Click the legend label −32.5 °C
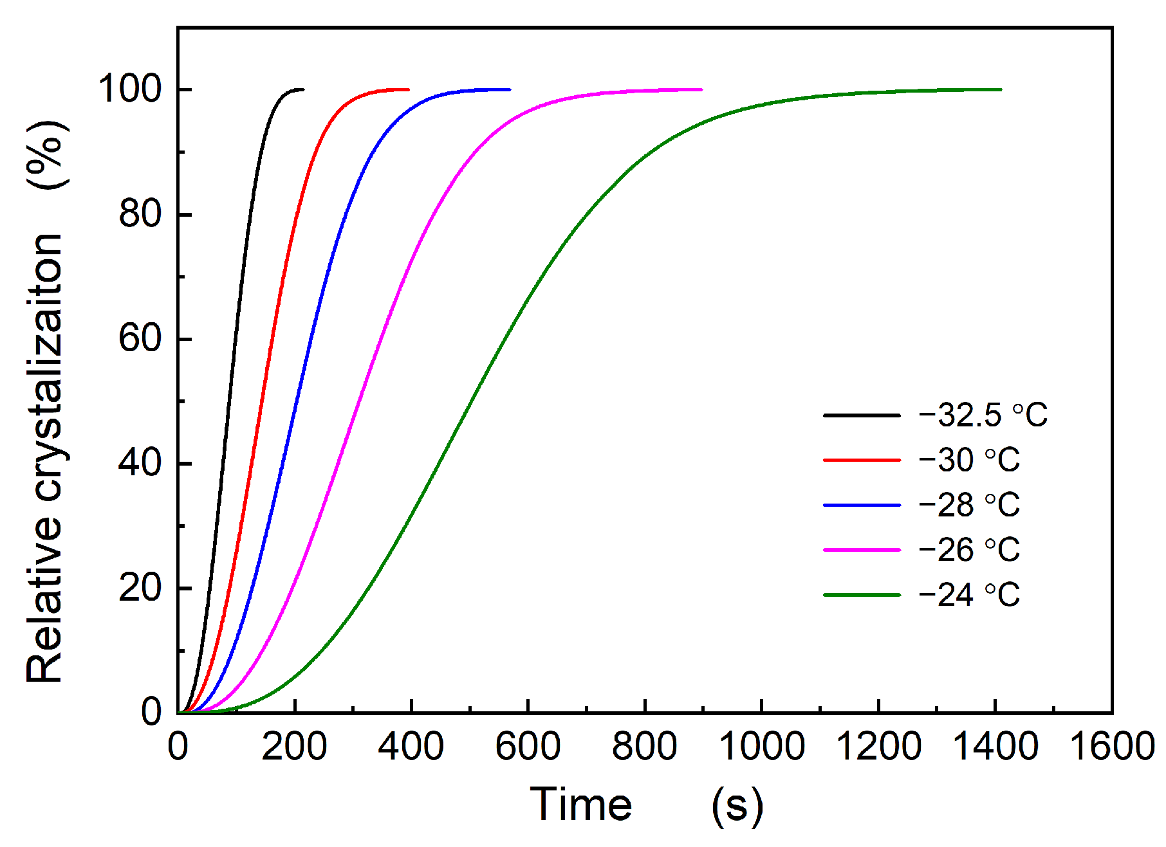[983, 415]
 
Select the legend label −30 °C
[969, 460]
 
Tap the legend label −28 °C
[969, 505]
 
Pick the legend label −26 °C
[969, 550]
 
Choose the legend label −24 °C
[969, 595]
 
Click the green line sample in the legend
[862, 595]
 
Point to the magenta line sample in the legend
[862, 550]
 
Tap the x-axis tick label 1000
[761, 747]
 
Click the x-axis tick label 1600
[1111, 747]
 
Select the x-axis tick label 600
[528, 747]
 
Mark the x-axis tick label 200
[294, 747]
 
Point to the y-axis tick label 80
[140, 214]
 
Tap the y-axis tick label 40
[140, 463]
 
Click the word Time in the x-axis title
[580, 805]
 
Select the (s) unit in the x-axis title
[737, 806]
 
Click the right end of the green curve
[1001, 89]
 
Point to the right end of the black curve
[303, 89]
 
